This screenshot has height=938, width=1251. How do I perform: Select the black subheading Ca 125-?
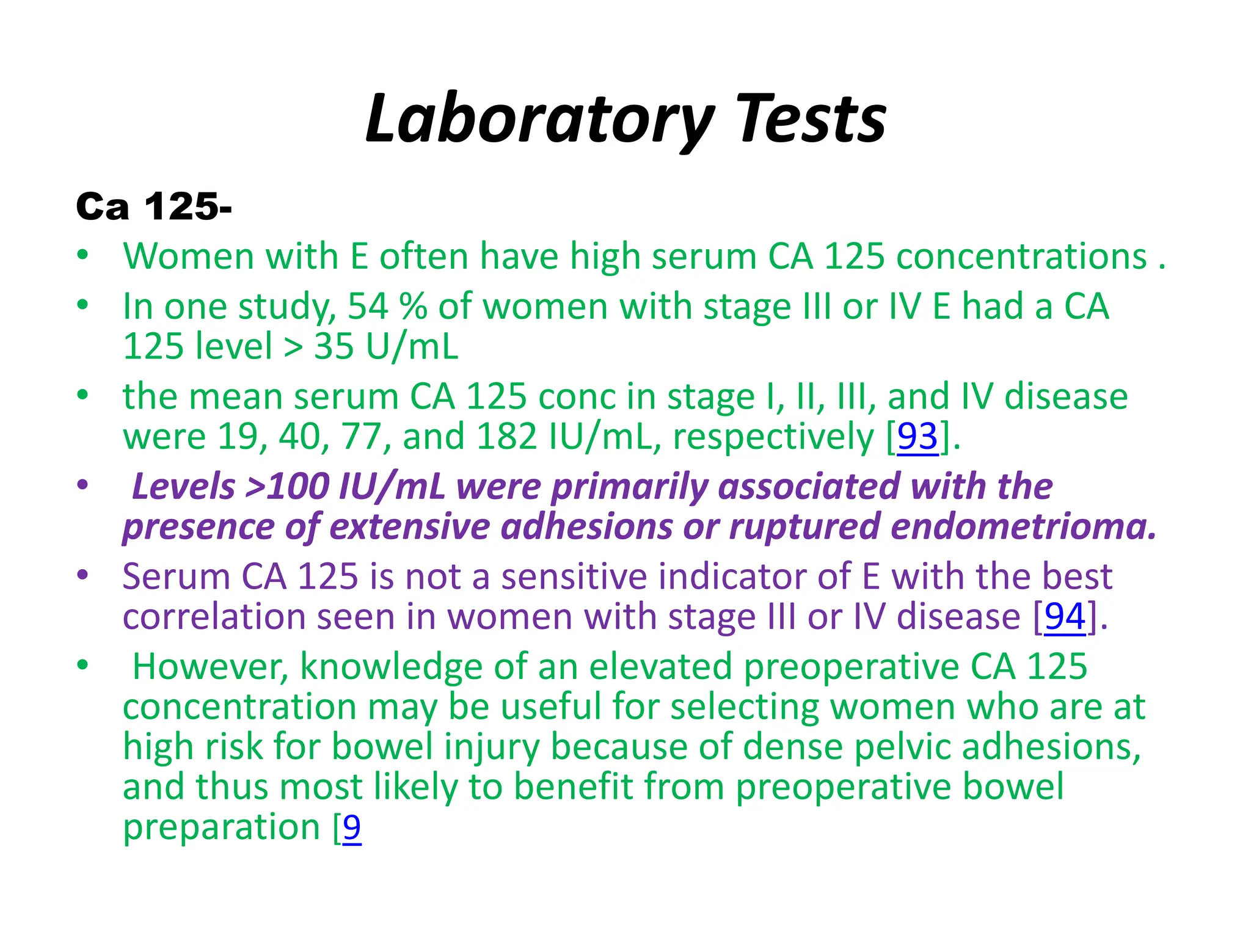pos(154,206)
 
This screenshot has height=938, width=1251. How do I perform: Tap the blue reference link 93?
pos(917,437)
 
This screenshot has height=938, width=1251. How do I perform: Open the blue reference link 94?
pos(1065,616)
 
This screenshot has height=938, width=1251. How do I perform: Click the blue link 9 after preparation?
pos(352,827)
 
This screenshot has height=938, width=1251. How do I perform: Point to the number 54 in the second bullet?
pos(368,306)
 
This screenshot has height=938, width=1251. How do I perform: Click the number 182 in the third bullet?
pos(506,437)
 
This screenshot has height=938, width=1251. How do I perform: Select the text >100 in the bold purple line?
pos(286,487)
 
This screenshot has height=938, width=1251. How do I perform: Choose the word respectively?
pos(773,437)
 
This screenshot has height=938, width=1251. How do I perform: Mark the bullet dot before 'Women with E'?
pos(83,255)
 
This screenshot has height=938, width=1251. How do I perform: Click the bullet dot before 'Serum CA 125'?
pos(83,575)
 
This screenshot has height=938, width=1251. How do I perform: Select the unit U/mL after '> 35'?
pos(412,346)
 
